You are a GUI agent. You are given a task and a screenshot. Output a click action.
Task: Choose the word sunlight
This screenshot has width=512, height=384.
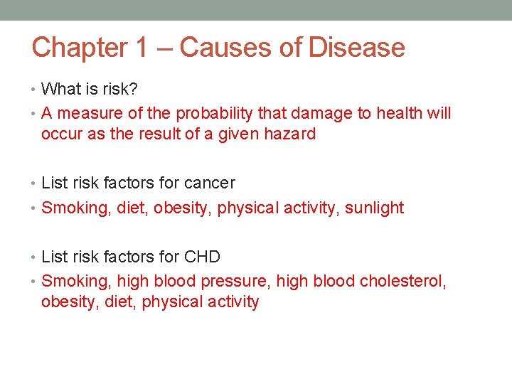click(374, 208)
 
